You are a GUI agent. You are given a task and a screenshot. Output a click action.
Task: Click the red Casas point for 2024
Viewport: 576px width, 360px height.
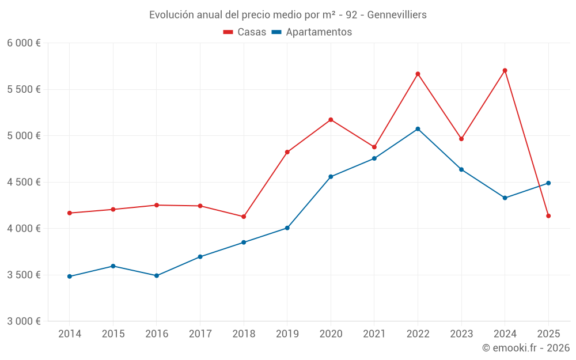[x=505, y=70]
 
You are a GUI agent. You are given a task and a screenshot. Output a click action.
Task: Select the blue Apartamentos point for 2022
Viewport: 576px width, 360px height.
[x=418, y=129]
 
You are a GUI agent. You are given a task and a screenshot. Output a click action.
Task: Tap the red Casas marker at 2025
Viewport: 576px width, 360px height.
[x=548, y=216]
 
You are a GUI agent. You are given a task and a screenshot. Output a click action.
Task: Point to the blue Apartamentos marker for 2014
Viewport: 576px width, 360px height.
[x=70, y=276]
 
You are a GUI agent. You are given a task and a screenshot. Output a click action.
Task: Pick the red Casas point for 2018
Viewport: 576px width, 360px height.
[x=244, y=217]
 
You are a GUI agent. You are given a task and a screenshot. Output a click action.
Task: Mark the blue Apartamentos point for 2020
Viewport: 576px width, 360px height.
[x=331, y=177]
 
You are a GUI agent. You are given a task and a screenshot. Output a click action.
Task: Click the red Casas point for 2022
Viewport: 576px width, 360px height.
[x=418, y=74]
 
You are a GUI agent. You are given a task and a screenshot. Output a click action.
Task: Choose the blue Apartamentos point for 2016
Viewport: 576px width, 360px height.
[x=157, y=276]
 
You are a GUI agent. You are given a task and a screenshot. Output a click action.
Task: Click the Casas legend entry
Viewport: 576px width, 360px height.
[x=245, y=32]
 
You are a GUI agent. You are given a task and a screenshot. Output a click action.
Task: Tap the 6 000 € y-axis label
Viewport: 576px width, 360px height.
[x=24, y=43]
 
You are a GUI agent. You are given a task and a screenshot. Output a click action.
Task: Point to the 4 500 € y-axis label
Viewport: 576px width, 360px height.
[x=24, y=182]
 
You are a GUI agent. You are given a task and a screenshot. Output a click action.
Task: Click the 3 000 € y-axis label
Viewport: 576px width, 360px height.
[x=24, y=321]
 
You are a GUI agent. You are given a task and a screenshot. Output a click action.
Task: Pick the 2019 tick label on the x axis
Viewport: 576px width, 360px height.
[x=287, y=334]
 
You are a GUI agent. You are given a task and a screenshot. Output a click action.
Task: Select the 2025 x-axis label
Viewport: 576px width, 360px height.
[x=548, y=334]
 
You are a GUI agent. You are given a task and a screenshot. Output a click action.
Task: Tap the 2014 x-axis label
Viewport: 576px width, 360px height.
[x=70, y=334]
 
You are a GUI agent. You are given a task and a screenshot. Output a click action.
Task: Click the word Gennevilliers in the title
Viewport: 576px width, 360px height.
[x=397, y=14]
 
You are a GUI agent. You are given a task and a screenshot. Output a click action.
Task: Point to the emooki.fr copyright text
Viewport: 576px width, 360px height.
[x=525, y=348]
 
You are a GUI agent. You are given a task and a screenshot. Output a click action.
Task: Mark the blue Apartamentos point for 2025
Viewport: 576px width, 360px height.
[x=548, y=183]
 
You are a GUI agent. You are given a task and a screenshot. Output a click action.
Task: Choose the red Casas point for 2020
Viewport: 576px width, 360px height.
[x=331, y=120]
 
